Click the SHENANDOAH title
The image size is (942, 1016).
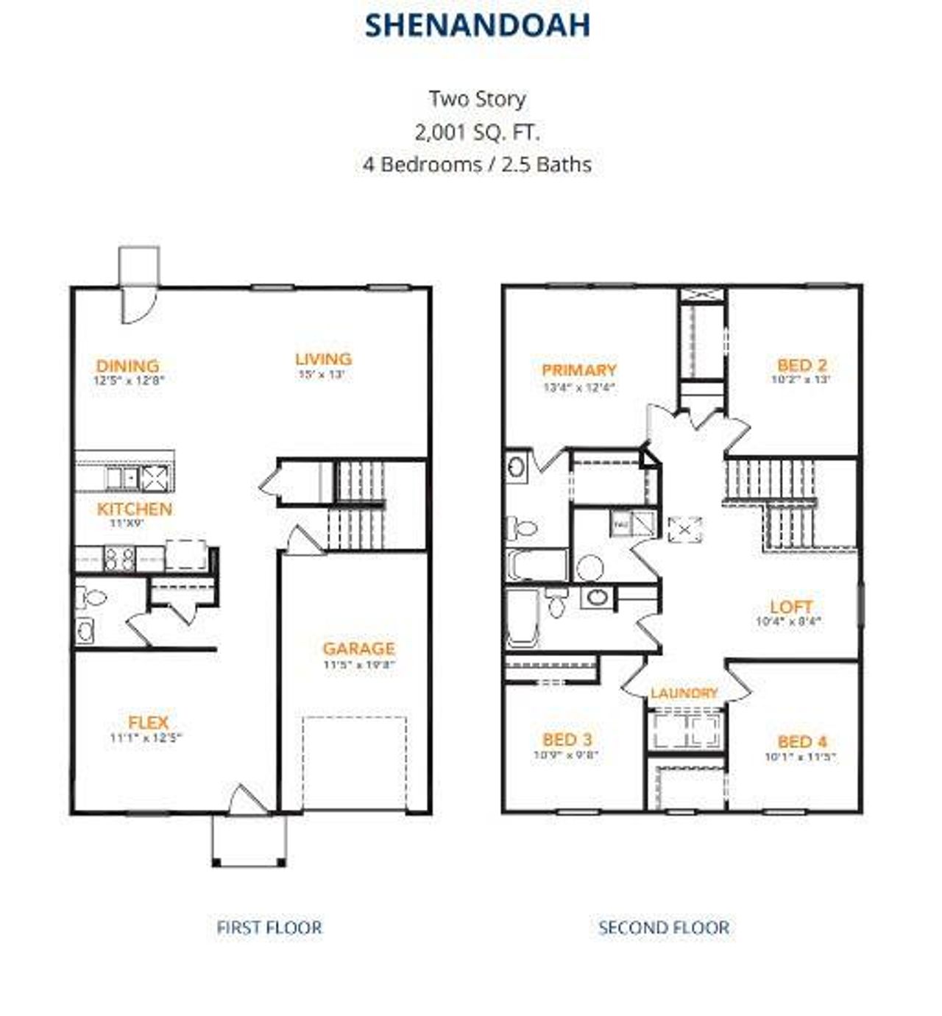[x=478, y=25]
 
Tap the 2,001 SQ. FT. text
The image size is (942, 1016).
[x=477, y=132]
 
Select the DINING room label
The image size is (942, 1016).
[x=127, y=365]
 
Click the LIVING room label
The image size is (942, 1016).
[x=323, y=359]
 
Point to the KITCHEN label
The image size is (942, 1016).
[x=135, y=509]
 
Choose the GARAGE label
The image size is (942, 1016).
[x=358, y=648]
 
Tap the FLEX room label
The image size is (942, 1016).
[x=148, y=722]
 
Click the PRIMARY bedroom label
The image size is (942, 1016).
[x=579, y=370]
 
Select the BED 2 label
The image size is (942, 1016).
[x=802, y=364]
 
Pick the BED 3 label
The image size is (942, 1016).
[x=567, y=739]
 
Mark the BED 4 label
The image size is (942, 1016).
[x=802, y=741]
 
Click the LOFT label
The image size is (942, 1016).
[x=791, y=607]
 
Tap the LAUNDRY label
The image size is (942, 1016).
[x=684, y=693]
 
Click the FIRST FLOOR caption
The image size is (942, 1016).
[x=269, y=928]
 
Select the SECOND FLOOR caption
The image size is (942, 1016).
[x=664, y=928]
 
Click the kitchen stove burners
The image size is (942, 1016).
[x=119, y=558]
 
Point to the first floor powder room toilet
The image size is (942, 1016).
[x=90, y=598]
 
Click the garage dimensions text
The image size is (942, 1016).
[x=358, y=664]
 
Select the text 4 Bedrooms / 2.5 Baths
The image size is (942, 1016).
[x=477, y=163]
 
